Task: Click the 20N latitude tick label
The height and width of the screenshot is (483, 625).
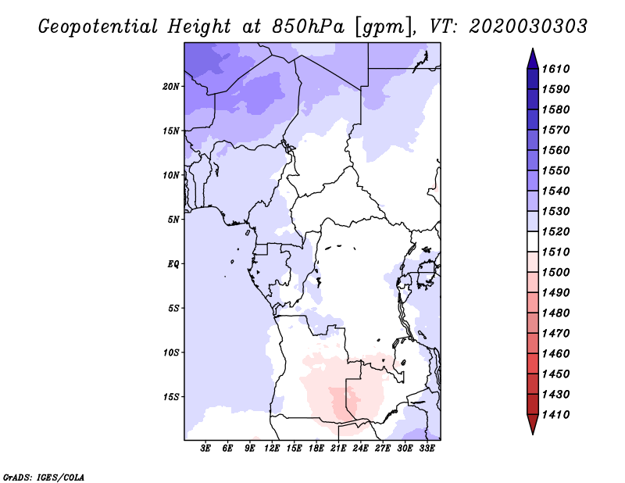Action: (171, 87)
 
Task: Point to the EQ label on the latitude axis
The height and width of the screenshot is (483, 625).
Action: (173, 264)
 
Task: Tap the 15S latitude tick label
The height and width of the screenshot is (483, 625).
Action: (171, 397)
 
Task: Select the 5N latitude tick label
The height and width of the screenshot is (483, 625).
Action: (173, 220)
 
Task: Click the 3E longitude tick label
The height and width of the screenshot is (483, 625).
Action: (205, 449)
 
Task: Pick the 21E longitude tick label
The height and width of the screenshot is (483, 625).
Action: (338, 449)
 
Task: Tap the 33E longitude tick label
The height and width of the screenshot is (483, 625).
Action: (427, 449)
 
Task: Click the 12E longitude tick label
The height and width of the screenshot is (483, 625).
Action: (272, 449)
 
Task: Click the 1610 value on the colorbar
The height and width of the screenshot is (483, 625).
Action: (555, 69)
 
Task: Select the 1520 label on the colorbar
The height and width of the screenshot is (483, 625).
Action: (555, 231)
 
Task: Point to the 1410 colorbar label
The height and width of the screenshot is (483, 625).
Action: (555, 415)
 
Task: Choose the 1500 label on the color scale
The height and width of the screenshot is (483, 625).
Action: (555, 273)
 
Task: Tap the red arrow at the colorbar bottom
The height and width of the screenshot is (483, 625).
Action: (533, 423)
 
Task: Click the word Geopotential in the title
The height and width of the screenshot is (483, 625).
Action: (98, 27)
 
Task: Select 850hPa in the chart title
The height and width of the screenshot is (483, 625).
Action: (308, 27)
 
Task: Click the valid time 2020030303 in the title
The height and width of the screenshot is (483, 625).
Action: (528, 27)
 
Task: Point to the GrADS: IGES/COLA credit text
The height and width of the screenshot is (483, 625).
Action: (44, 478)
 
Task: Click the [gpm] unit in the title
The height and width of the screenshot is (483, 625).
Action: (384, 27)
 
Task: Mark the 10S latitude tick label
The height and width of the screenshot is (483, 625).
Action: (171, 352)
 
